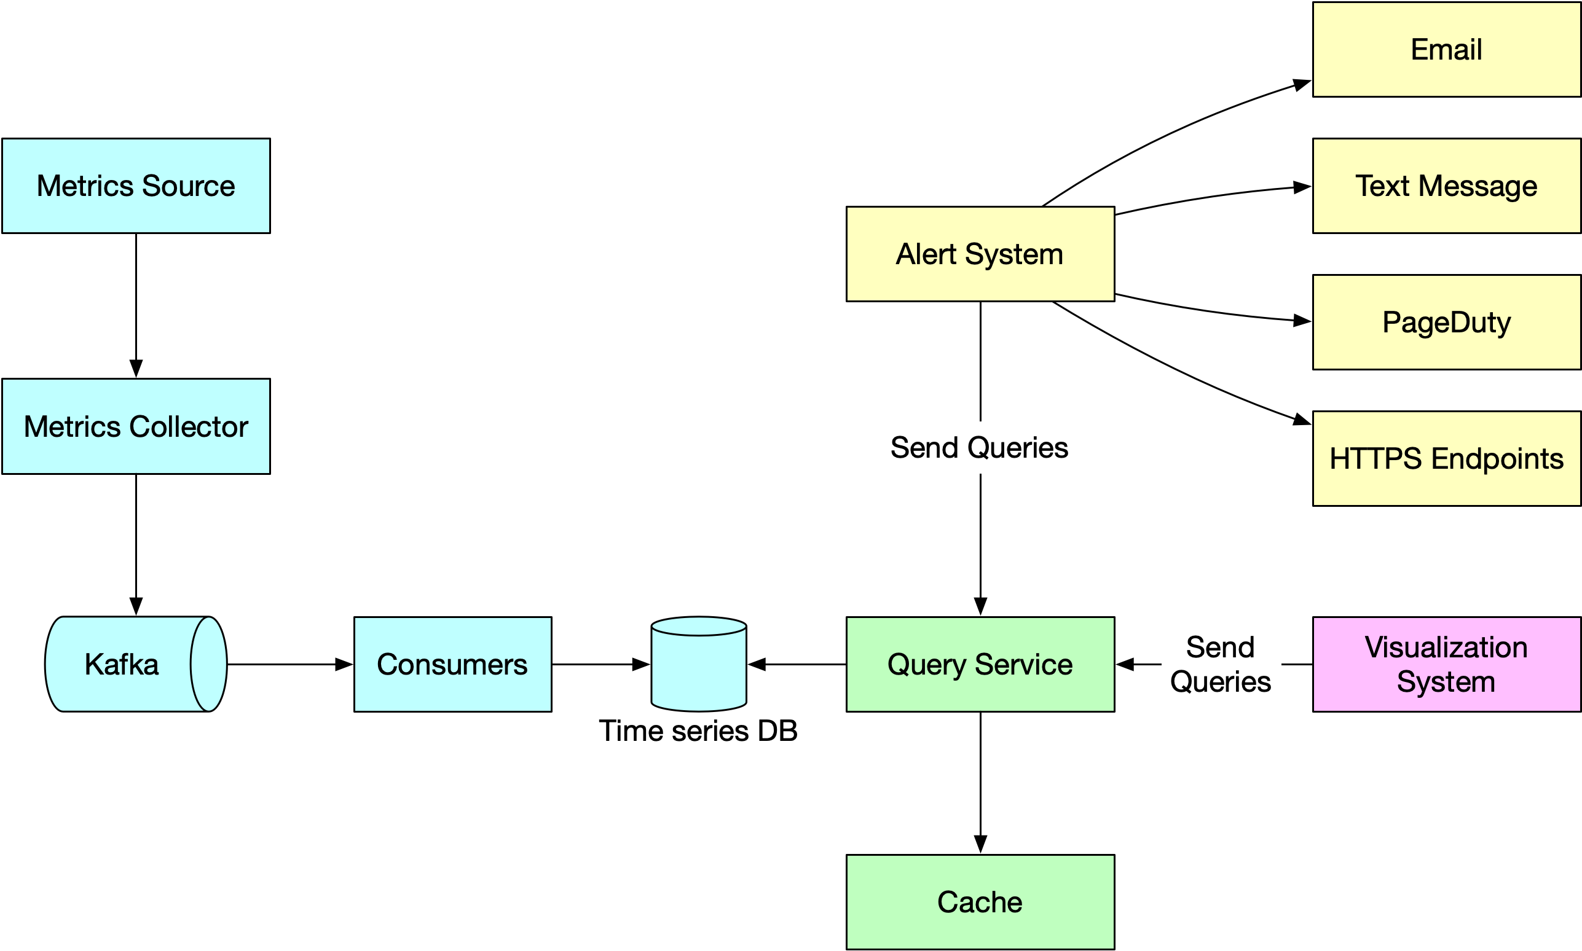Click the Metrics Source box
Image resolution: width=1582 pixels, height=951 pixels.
[136, 186]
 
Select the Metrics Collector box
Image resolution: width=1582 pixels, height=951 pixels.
[136, 426]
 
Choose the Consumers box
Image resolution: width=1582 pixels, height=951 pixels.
[452, 664]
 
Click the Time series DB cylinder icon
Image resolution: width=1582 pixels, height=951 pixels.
[699, 667]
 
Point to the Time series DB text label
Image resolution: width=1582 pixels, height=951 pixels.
[698, 731]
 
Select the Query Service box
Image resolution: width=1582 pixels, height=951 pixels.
[980, 664]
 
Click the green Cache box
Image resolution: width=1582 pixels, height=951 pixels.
[980, 902]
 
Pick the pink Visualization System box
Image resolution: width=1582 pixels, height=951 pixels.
[1446, 664]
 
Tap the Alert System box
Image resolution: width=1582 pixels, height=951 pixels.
[980, 254]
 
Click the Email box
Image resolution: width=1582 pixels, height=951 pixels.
[1446, 49]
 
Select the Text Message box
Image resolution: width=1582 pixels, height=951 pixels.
[1446, 186]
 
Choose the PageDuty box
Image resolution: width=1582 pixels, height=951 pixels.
[1446, 322]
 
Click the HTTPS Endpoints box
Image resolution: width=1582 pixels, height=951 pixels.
[1446, 458]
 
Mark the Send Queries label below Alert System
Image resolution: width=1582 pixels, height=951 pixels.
[979, 447]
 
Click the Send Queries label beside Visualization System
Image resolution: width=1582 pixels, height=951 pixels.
[1220, 664]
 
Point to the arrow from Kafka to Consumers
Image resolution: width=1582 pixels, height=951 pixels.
[288, 664]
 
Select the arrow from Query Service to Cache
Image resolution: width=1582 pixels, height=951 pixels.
[980, 782]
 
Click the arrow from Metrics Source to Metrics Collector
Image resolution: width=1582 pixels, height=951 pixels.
[136, 304]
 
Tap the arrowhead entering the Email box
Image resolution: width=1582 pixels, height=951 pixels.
[1301, 85]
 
